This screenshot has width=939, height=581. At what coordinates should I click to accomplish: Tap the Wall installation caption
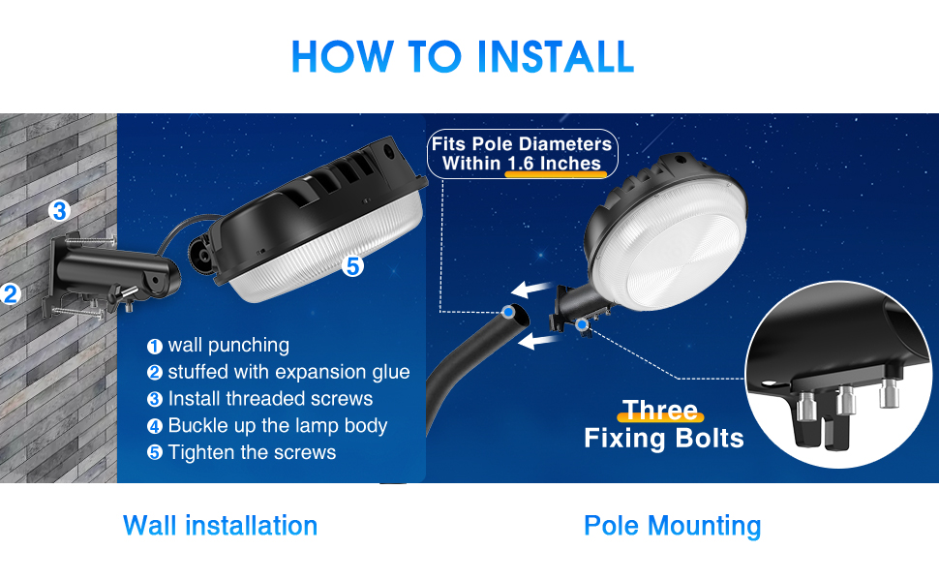tap(220, 526)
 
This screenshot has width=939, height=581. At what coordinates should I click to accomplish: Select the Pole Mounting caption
tap(672, 526)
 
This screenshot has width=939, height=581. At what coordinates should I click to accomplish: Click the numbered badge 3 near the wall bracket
tap(60, 210)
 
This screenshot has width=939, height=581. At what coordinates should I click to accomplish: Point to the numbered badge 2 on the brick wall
tap(11, 293)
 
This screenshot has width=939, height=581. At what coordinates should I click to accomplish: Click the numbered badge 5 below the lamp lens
tap(352, 265)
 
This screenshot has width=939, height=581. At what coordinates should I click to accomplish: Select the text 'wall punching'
tap(227, 346)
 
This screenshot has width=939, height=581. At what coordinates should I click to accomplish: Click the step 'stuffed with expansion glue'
tap(288, 372)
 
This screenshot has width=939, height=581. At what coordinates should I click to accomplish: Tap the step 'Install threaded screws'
tap(269, 399)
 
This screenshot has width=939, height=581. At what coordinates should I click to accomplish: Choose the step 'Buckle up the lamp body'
tap(277, 425)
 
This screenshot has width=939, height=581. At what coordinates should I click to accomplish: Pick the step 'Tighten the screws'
tap(252, 452)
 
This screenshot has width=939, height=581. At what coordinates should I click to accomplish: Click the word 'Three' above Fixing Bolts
tap(659, 411)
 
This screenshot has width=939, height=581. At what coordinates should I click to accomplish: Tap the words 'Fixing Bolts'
tap(664, 439)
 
